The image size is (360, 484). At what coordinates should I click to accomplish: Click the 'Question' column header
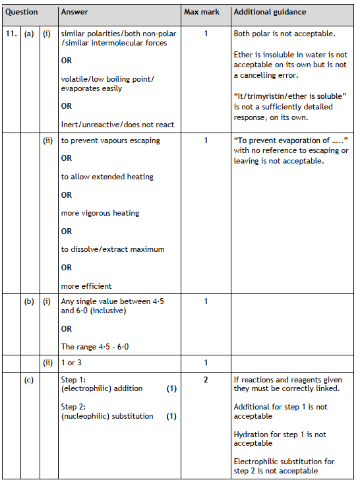click(22, 12)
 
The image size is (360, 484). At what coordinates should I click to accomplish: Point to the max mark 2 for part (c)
click(206, 380)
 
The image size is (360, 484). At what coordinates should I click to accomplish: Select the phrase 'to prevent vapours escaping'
click(110, 140)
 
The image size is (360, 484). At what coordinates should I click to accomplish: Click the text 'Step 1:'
click(74, 380)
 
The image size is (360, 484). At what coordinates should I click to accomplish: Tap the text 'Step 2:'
click(74, 407)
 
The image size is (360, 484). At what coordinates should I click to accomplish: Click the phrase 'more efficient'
click(86, 286)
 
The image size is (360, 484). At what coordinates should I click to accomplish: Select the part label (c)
click(29, 380)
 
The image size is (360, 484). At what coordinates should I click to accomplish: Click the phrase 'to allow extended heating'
click(107, 177)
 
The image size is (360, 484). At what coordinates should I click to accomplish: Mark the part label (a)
click(29, 33)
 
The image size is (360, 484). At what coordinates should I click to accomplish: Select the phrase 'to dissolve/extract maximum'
click(113, 249)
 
